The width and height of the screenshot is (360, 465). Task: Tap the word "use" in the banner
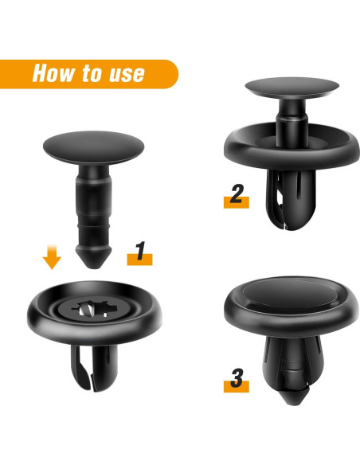click(125, 74)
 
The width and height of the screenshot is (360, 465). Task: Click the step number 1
click(139, 252)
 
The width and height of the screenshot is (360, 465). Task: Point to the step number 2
click(235, 194)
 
